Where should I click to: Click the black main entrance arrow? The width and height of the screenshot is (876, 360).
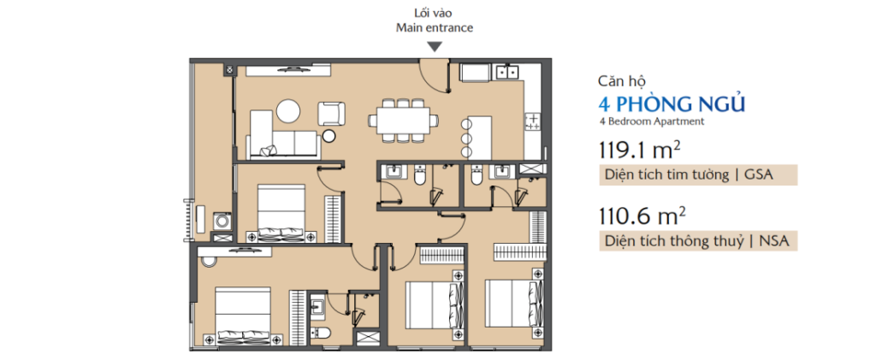(435, 47)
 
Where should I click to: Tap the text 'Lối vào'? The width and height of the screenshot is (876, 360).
(434, 14)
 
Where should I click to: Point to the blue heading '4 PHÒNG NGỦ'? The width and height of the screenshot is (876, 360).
(672, 104)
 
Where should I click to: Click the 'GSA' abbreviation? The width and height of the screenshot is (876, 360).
(760, 174)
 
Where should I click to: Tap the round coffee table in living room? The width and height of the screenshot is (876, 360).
(289, 110)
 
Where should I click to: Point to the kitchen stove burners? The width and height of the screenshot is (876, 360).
(532, 121)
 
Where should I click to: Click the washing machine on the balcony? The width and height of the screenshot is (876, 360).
(222, 221)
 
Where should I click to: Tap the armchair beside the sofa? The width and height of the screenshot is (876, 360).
(331, 114)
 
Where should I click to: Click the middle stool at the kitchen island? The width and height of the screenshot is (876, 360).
(466, 138)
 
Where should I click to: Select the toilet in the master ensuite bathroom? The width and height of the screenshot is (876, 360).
(322, 333)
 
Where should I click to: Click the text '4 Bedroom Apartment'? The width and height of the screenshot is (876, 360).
(651, 121)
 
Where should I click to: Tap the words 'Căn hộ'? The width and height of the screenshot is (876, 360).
(621, 81)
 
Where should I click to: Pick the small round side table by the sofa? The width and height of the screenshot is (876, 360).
(329, 136)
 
